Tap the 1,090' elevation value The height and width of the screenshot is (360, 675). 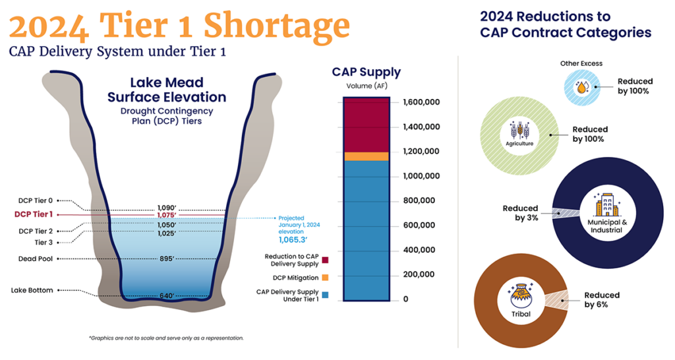[167, 207]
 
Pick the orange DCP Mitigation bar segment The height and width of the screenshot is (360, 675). [366, 156]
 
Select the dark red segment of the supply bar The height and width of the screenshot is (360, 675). [366, 125]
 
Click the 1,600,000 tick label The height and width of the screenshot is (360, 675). [420, 102]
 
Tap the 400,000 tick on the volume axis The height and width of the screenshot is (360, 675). [419, 250]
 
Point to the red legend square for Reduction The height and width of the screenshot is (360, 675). [326, 261]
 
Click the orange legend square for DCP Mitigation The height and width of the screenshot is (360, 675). [326, 278]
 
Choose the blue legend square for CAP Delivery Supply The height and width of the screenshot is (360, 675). [326, 295]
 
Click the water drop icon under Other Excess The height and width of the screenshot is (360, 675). [582, 86]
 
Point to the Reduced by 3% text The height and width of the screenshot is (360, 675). [521, 213]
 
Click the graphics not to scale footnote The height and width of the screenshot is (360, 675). [166, 338]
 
